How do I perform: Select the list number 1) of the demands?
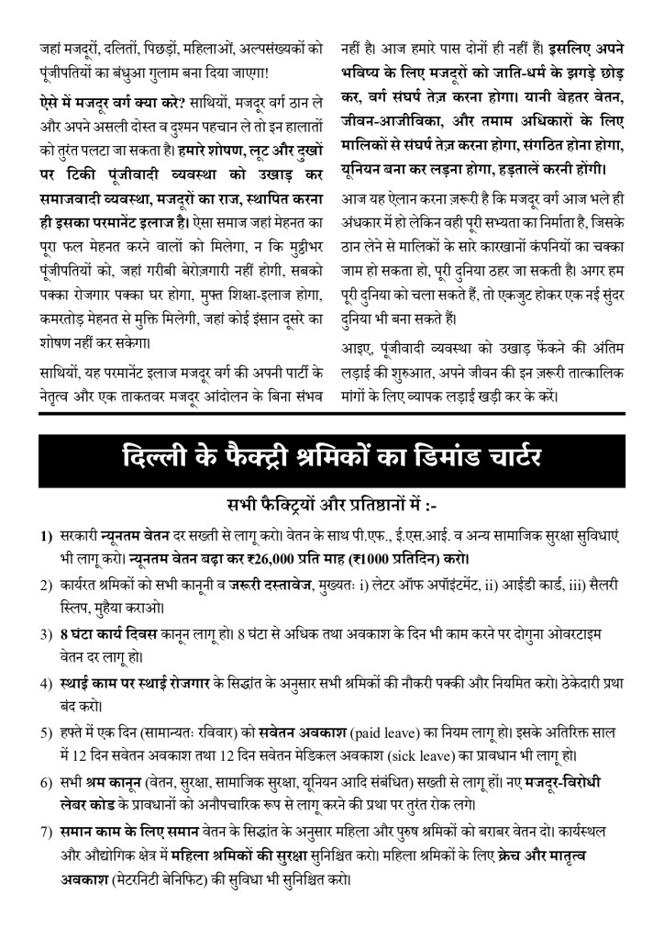(46, 536)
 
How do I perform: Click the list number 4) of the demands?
(46, 683)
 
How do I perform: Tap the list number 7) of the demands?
(46, 831)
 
